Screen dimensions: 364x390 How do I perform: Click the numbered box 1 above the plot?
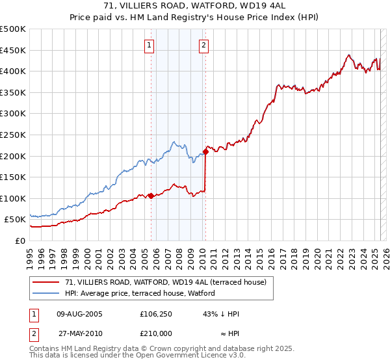point(150,45)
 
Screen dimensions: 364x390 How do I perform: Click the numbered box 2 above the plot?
point(204,45)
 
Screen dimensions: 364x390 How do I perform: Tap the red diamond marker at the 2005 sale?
point(151,196)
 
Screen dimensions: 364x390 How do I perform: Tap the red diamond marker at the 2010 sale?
point(205,152)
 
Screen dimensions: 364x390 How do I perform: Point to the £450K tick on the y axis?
point(13,50)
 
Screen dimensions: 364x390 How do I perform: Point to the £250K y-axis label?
point(13,135)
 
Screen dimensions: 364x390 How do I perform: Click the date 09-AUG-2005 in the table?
point(80,314)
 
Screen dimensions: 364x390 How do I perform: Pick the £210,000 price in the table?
point(155,332)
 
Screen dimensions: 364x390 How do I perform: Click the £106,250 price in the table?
point(155,314)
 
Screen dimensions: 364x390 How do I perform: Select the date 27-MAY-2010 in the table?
point(80,332)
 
